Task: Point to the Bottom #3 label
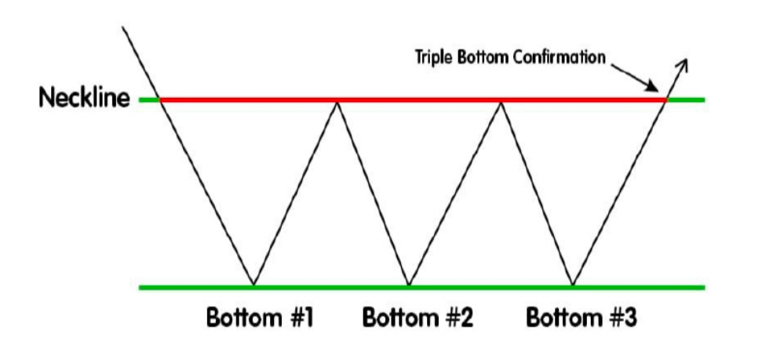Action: coord(582,319)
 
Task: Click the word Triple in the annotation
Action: coord(434,57)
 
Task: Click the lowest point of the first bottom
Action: coord(253,284)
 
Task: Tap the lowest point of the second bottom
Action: coord(408,284)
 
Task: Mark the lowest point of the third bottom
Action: coord(573,284)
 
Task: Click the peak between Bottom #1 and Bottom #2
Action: coord(337,102)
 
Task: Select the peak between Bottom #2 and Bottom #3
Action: coord(501,102)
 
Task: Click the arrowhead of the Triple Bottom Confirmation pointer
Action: coord(658,87)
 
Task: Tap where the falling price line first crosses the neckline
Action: coord(160,100)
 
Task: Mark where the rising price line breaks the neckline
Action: coord(666,100)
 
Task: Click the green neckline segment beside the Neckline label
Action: coord(148,100)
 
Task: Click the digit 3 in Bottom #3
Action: coord(629,319)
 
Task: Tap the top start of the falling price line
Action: coord(124,28)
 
